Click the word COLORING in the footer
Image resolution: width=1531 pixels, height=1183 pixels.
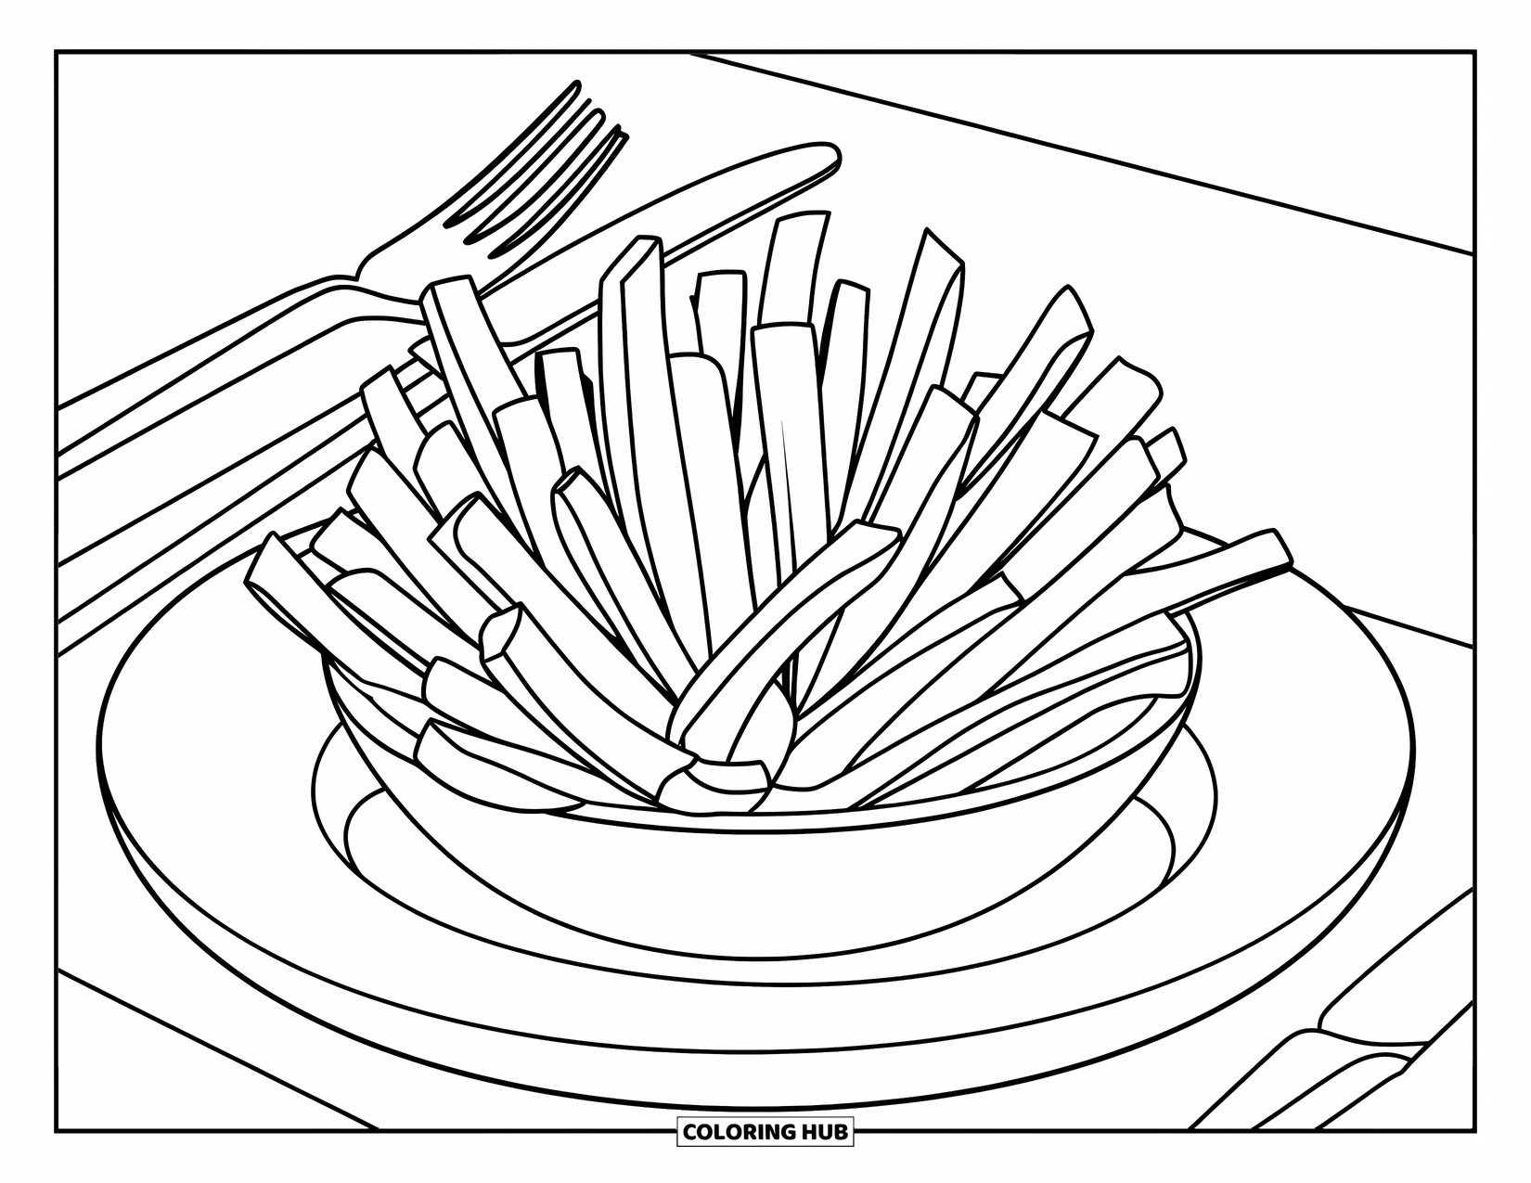coord(739,1132)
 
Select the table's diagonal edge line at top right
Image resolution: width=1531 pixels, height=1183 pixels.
coord(1113,158)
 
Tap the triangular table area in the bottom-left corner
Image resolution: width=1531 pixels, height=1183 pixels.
coord(167,1067)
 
